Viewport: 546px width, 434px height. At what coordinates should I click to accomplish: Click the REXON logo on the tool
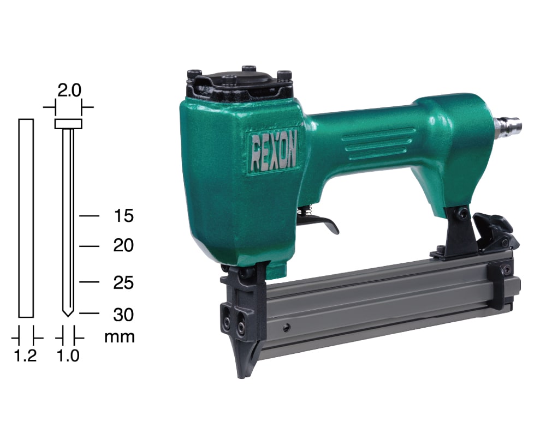point(274,152)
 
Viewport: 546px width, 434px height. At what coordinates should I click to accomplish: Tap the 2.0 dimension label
point(69,91)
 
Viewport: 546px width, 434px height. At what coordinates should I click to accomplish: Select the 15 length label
point(123,216)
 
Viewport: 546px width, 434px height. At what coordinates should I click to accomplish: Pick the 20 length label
point(123,246)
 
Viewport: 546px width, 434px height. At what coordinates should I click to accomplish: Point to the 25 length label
point(123,283)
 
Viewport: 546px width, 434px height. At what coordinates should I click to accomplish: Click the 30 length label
point(123,315)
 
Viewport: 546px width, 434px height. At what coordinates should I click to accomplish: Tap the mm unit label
point(120,337)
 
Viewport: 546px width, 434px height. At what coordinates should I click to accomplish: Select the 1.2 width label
point(26,355)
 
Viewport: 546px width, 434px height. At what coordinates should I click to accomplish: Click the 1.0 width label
point(68,355)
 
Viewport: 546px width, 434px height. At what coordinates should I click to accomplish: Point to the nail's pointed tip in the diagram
point(68,316)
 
